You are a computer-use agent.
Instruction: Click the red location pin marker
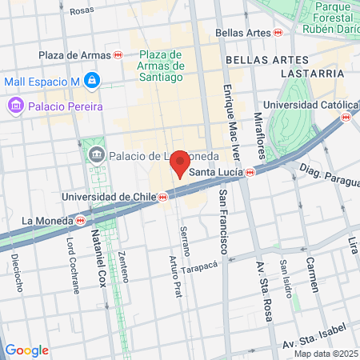coord(180,162)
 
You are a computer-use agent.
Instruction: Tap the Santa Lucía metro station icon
coord(250,172)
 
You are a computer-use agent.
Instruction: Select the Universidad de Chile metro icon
coord(162,197)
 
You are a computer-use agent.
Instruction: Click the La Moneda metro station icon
coord(81,221)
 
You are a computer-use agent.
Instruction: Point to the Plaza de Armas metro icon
coord(118,55)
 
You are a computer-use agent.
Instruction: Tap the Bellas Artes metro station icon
coord(278,32)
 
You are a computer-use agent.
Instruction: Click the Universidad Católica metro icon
coord(346,117)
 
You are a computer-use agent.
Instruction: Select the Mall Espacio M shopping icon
coord(94,80)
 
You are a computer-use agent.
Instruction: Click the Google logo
coord(26,350)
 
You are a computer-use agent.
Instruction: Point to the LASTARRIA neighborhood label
coord(311,73)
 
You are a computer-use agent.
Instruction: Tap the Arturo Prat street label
coord(175,276)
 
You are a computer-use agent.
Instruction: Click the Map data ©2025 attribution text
coord(325,354)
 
